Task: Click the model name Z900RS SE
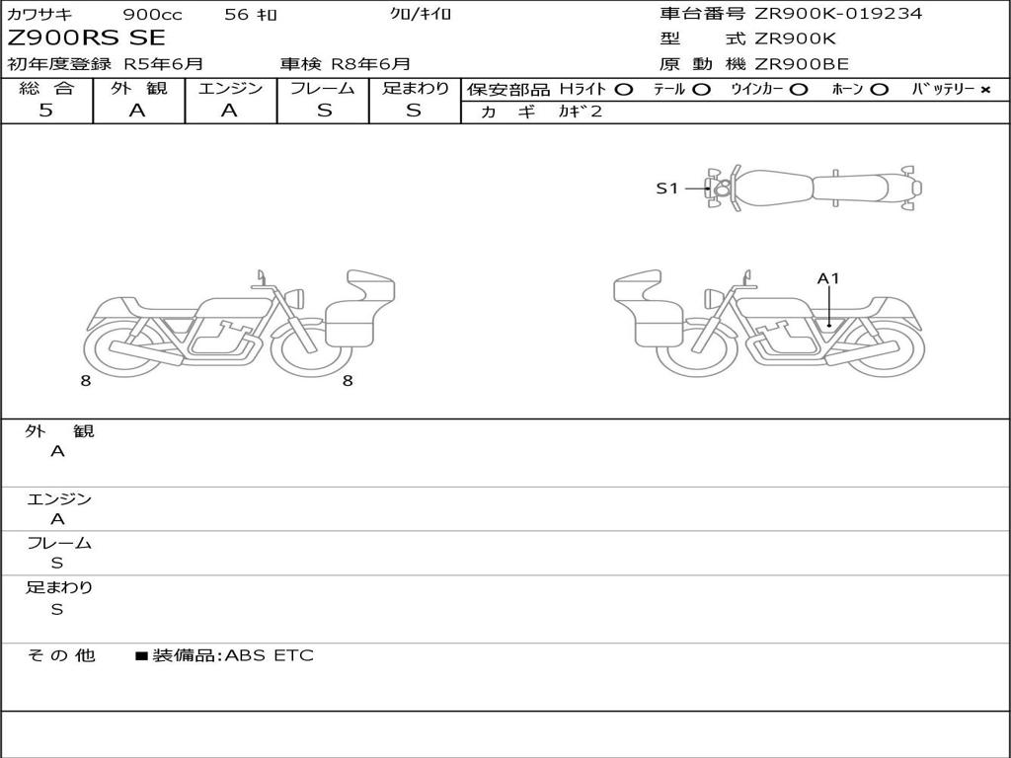click(87, 38)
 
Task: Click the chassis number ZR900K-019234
click(838, 13)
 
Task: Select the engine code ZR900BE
click(802, 64)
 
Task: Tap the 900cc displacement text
click(152, 14)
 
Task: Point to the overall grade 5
click(45, 111)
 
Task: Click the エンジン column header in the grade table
click(230, 88)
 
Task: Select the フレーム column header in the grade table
click(323, 88)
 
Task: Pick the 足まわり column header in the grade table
click(415, 88)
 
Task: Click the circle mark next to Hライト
click(624, 90)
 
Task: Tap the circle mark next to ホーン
click(879, 90)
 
